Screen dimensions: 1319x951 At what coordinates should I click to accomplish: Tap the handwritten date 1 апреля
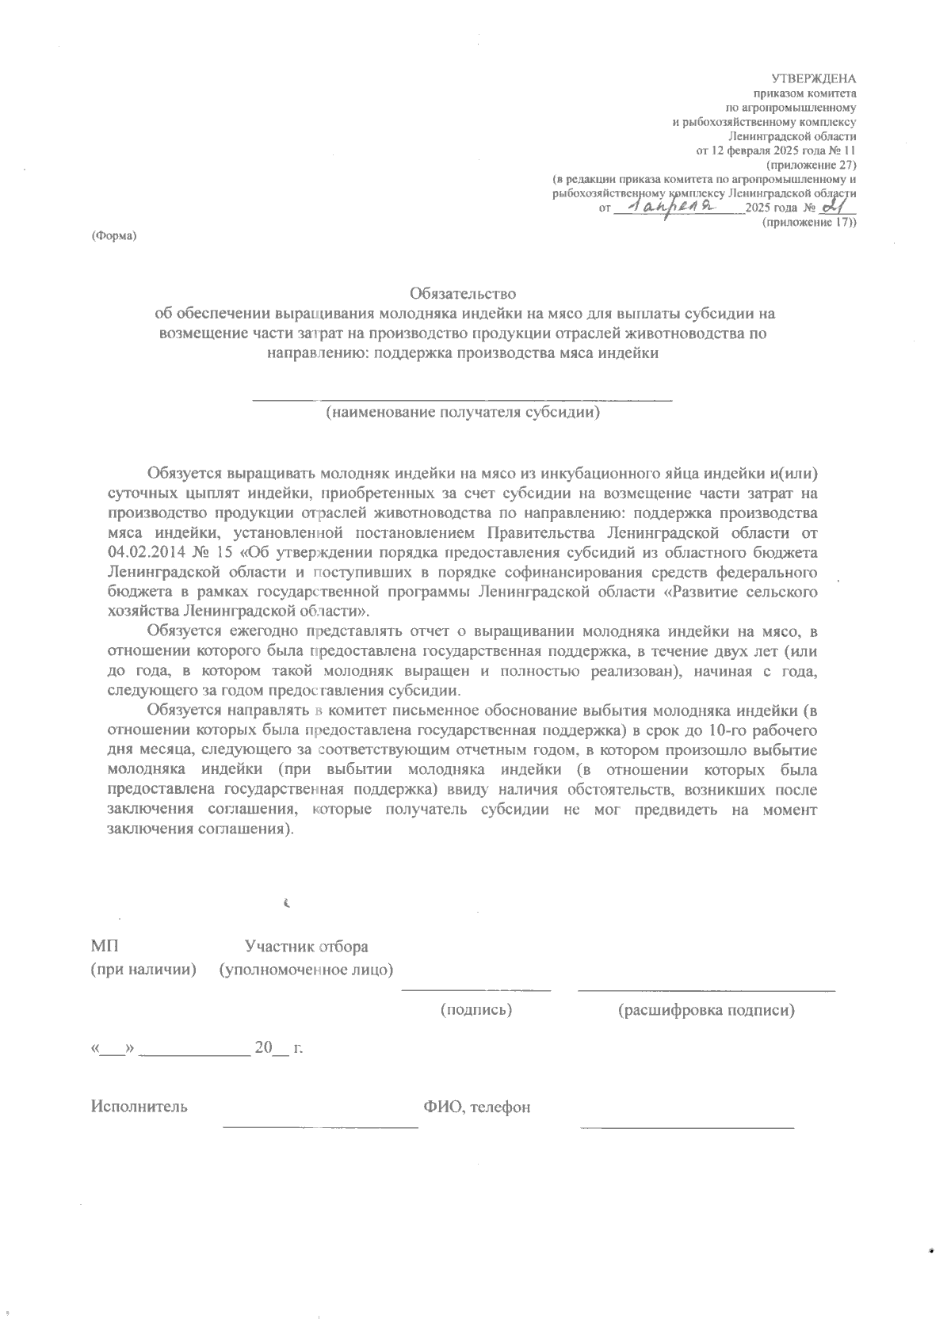click(x=677, y=207)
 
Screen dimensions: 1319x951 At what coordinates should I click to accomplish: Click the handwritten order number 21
click(x=833, y=206)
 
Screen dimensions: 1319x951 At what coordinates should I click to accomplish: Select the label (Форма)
click(x=115, y=236)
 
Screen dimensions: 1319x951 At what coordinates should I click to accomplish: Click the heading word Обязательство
click(x=463, y=295)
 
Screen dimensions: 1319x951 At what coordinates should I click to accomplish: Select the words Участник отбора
click(x=306, y=947)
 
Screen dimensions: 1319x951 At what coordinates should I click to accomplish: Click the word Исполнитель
click(x=139, y=1107)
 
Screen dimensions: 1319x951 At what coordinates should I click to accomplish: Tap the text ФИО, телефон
click(x=476, y=1107)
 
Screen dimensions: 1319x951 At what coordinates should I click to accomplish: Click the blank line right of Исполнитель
click(x=320, y=1124)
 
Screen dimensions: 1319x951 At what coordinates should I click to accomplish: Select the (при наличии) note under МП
click(x=143, y=970)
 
